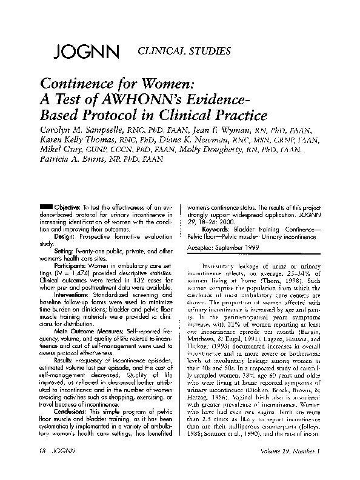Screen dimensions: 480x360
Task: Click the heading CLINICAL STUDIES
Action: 185,51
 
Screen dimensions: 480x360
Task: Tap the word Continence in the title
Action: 77,84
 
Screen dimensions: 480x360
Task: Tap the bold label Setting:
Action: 65,250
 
